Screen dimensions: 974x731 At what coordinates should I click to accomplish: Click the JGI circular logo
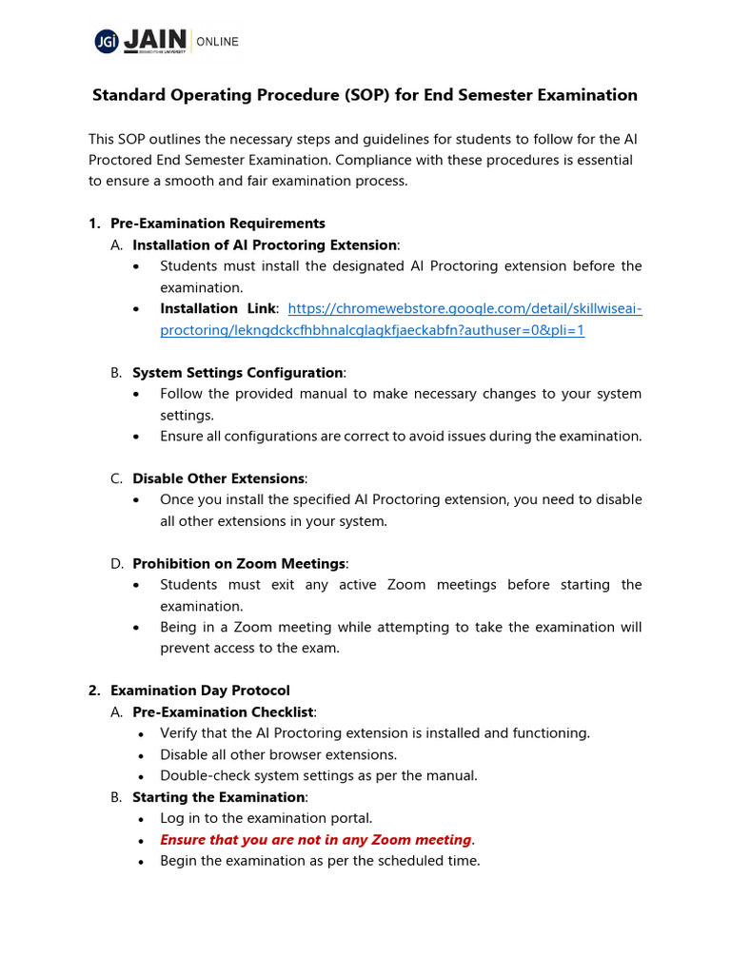[x=105, y=41]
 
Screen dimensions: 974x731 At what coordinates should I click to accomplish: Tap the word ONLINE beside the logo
[x=218, y=42]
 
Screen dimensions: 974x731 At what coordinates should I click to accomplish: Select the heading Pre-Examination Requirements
[x=218, y=224]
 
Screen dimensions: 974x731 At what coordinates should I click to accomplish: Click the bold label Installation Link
[x=218, y=309]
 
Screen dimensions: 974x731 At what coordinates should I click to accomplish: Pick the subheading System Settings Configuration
[x=237, y=373]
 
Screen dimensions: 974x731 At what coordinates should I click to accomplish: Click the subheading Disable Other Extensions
[x=219, y=478]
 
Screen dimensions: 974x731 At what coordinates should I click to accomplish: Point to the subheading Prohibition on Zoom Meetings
[x=239, y=564]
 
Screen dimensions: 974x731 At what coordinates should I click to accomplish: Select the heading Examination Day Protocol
[x=200, y=691]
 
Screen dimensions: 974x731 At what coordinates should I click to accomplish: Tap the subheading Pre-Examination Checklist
[x=223, y=712]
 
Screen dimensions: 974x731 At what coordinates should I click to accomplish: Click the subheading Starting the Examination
[x=219, y=797]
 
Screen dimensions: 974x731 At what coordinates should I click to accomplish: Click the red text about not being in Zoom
[x=315, y=840]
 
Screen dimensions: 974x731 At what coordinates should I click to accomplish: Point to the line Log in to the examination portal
[x=266, y=818]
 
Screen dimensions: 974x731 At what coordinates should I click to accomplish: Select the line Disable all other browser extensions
[x=278, y=754]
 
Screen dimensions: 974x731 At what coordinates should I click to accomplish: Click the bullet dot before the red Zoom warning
[x=141, y=841]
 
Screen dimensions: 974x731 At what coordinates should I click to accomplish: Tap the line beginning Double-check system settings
[x=318, y=775]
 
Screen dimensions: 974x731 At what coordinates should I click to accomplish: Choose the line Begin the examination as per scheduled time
[x=320, y=861]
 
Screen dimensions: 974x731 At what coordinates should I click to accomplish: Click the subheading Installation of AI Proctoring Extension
[x=264, y=245]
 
